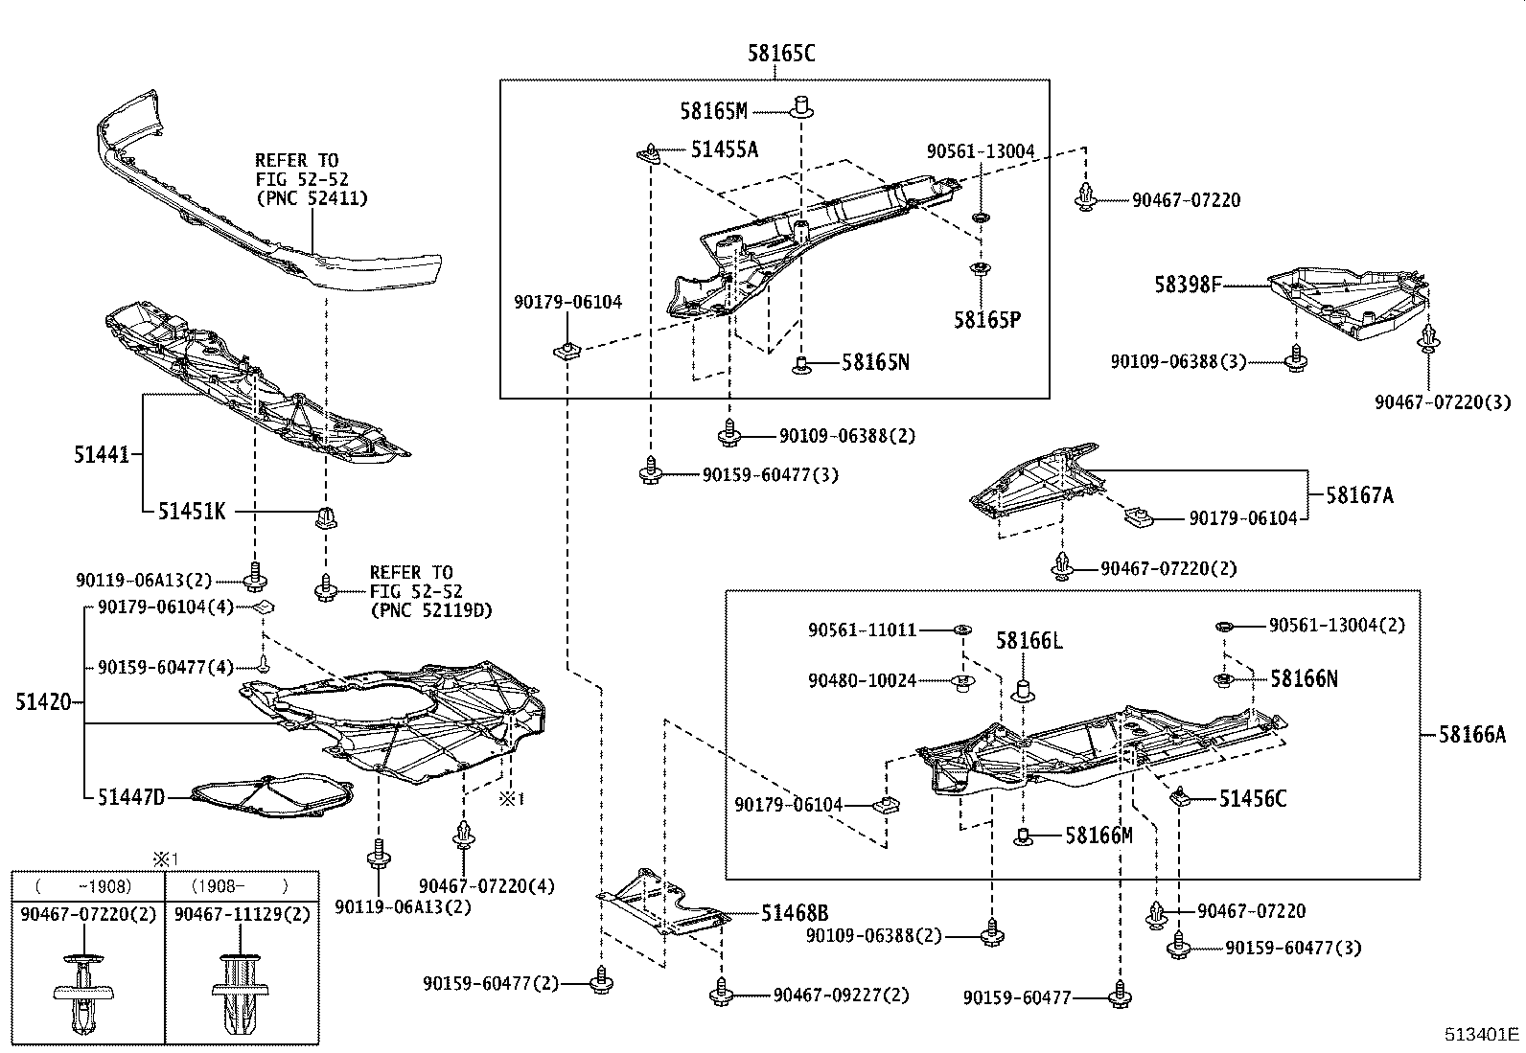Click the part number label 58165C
[x=781, y=54]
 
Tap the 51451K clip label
[x=192, y=512]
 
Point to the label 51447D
[x=131, y=796]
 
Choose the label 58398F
[x=1187, y=285]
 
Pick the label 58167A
[x=1359, y=495]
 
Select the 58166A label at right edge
[x=1471, y=735]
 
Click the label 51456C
[x=1252, y=798]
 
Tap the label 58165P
[x=986, y=319]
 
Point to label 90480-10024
[x=862, y=680]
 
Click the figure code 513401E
[x=1483, y=1034]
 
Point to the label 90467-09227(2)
[x=840, y=996]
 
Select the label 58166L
[x=1029, y=640]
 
